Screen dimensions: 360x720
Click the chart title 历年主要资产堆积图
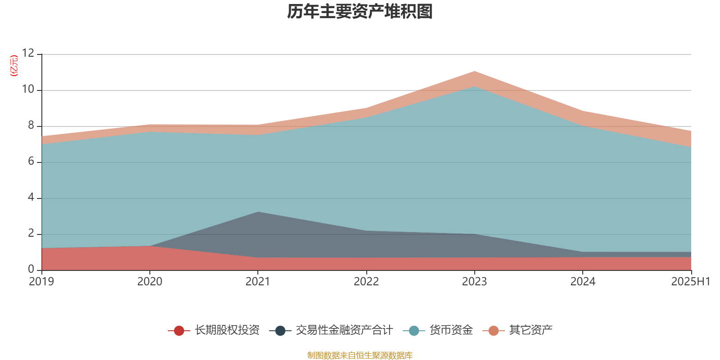coord(360,12)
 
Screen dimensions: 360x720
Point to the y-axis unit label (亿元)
coord(14,66)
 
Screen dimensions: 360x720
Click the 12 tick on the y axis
coord(28,54)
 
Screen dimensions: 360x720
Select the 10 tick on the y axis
coord(28,90)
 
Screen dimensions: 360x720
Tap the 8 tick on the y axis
coord(31,126)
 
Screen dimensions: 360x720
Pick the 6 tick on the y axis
coord(31,162)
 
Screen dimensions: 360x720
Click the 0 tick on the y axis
coord(31,270)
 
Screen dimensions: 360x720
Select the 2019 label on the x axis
coord(41,282)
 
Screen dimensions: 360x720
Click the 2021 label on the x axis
coord(257,282)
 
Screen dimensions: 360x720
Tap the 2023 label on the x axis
coord(474,282)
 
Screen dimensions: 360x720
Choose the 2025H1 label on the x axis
coord(690,282)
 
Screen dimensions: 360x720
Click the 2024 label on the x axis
coord(583,282)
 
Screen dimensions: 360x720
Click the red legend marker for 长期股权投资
coord(179,331)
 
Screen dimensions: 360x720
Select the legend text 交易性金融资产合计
coord(344,330)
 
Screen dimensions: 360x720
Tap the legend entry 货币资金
coord(451,330)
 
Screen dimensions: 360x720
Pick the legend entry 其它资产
coord(531,330)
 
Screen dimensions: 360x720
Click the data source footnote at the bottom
coord(360,355)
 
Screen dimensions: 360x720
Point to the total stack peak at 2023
coord(474,71)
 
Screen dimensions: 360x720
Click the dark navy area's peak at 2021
coord(257,212)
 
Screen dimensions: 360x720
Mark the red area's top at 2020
coord(149,246)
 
